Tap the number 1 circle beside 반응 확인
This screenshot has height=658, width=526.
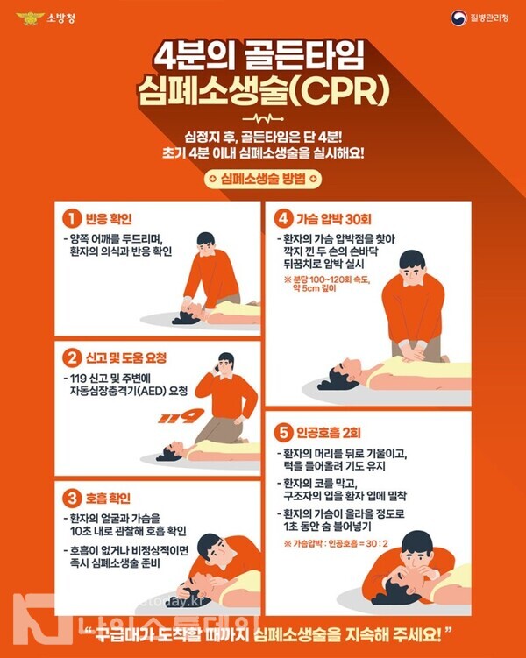coord(71,218)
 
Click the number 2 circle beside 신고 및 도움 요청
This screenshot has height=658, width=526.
coord(71,357)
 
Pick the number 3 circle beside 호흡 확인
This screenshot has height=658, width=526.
coord(71,498)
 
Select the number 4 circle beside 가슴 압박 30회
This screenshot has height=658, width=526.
coord(283,218)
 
